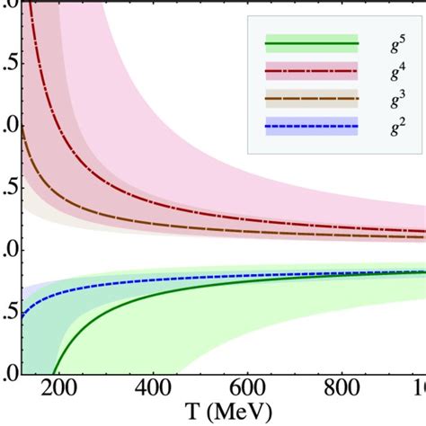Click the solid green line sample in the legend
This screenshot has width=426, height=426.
[311, 43]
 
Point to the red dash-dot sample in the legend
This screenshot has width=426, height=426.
[311, 71]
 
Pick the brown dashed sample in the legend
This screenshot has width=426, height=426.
[311, 99]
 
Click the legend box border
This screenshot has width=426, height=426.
[249, 90]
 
